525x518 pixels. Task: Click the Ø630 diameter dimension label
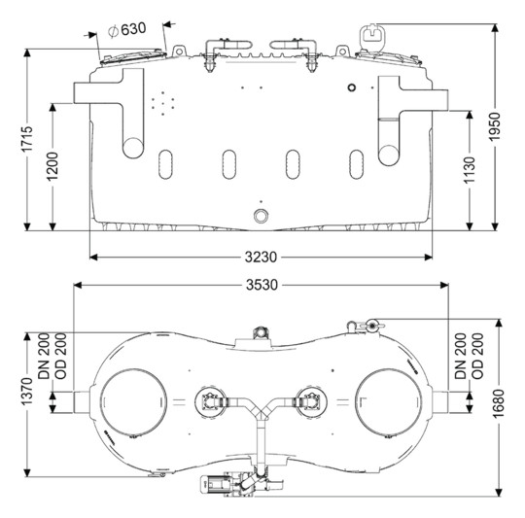point(127,29)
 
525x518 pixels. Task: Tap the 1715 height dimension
point(27,139)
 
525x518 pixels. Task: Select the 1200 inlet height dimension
point(52,166)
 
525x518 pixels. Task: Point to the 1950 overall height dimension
point(495,126)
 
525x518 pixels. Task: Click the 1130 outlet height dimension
point(470,170)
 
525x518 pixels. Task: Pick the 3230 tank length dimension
point(261,257)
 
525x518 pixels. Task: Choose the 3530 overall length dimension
point(262,285)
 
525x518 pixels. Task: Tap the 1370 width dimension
point(27,392)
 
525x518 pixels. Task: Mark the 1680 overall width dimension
point(499,403)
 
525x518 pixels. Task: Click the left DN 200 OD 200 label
point(52,356)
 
